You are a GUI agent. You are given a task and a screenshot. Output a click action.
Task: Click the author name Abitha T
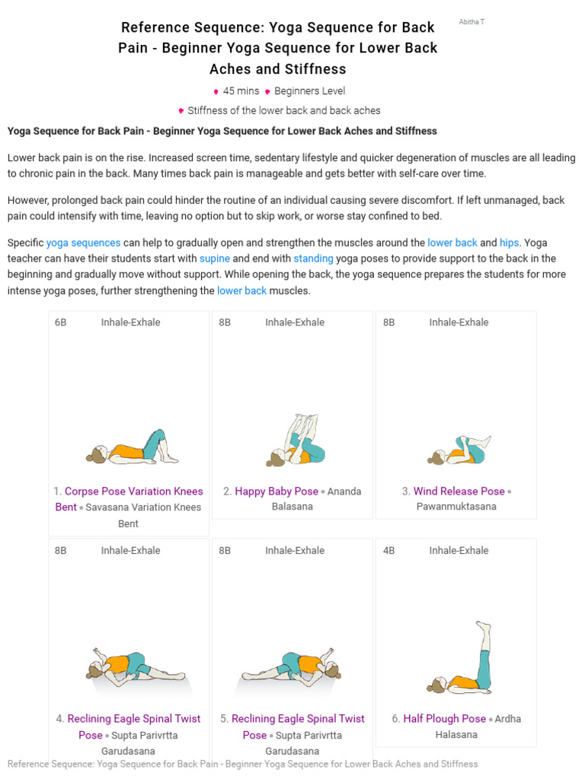click(x=472, y=22)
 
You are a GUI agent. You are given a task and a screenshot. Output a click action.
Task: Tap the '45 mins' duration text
click(x=241, y=91)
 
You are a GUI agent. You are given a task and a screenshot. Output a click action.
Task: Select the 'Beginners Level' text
click(x=309, y=91)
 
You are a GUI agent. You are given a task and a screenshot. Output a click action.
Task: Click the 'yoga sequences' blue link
click(x=83, y=243)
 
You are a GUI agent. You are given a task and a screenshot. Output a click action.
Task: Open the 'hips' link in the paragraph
click(x=510, y=243)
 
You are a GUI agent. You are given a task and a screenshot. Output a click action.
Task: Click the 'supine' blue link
click(x=215, y=259)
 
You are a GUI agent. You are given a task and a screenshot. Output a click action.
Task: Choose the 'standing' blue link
click(x=313, y=259)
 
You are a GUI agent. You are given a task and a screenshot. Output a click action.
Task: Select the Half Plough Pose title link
click(x=444, y=718)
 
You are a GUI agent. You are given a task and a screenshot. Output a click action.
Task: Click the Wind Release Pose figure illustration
click(x=459, y=450)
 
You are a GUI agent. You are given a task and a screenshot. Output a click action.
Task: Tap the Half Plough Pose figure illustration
click(x=463, y=659)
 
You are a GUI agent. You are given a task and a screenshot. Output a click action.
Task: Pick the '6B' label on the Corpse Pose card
click(x=61, y=323)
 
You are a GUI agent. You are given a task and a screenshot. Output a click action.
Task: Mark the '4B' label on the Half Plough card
click(x=389, y=550)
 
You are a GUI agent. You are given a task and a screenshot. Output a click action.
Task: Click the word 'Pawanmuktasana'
click(x=456, y=507)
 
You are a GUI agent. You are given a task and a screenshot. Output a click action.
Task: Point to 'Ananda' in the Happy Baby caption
click(x=344, y=491)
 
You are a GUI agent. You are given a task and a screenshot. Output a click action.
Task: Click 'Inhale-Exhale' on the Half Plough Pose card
click(x=459, y=550)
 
